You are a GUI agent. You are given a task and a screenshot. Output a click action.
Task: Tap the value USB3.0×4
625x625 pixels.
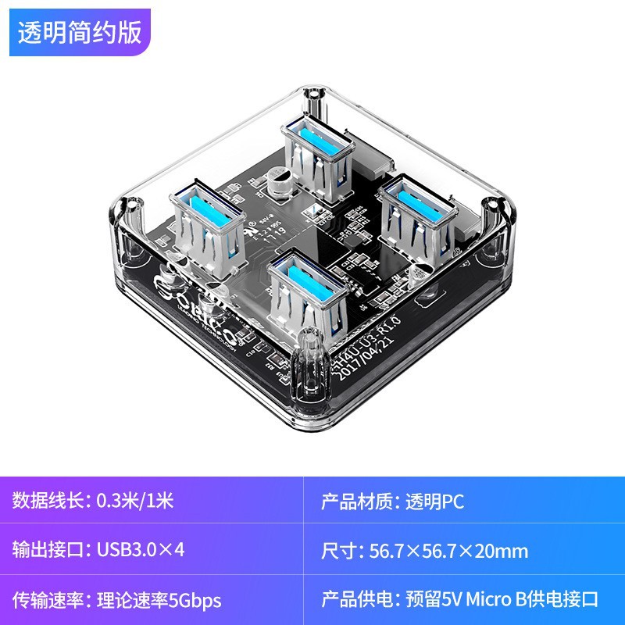click(141, 551)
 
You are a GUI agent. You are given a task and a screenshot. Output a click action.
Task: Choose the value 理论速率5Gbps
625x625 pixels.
click(159, 600)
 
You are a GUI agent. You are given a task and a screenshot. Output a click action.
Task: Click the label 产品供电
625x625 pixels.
click(356, 600)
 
